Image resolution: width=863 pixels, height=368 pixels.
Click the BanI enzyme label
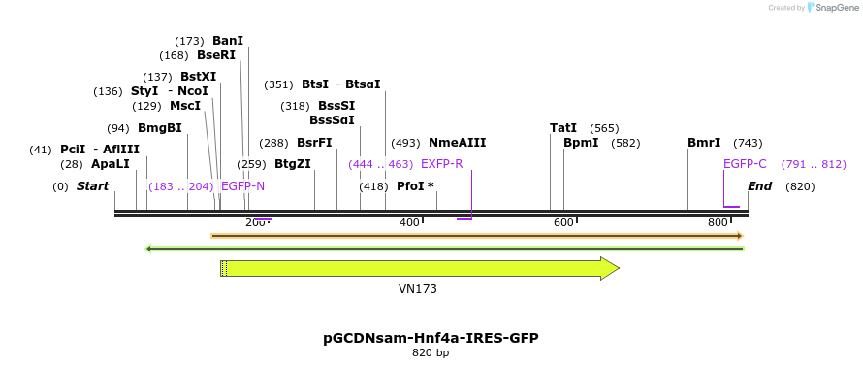[x=228, y=41]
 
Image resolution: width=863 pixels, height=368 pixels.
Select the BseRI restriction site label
[x=216, y=55]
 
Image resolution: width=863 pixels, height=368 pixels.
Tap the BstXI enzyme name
[x=198, y=77]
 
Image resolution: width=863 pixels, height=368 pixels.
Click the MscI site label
[x=185, y=106]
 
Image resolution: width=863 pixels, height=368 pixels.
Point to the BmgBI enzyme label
[x=159, y=128]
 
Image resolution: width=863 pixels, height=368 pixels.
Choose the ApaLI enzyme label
[x=110, y=164]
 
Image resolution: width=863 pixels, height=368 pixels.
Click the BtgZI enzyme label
[x=293, y=164]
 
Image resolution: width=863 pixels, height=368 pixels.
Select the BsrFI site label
[x=314, y=143]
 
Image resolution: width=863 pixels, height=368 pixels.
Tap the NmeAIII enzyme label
[x=458, y=143]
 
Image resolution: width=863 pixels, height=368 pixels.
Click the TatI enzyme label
[x=563, y=128]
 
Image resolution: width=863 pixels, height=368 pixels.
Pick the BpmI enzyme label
[x=581, y=143]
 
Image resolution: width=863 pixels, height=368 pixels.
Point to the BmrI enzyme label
[x=704, y=143]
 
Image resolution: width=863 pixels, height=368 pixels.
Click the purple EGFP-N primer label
[x=242, y=185]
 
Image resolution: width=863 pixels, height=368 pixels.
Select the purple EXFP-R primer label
[x=441, y=164]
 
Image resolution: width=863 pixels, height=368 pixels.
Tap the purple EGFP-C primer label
[x=745, y=164]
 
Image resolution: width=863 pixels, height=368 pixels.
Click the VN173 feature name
[x=418, y=289]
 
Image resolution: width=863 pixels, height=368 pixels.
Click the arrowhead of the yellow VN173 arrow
[x=610, y=269]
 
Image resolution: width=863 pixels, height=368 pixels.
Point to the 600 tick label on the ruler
[x=563, y=223]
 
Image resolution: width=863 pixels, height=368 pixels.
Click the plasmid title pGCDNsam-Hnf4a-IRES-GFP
[x=431, y=338]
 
